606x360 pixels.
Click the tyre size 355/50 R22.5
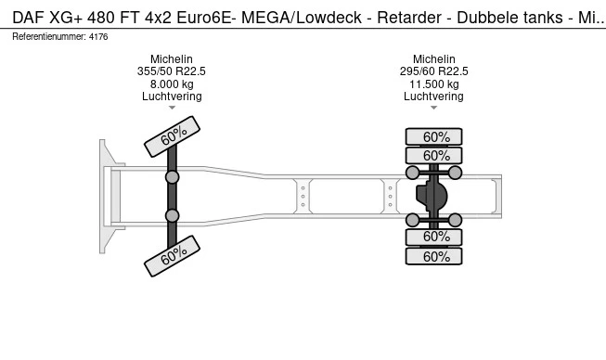(172, 71)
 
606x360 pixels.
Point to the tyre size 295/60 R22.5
(433, 71)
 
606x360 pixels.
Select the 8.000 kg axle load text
(172, 84)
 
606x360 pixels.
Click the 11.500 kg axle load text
(433, 84)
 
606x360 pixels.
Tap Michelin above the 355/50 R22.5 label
(172, 58)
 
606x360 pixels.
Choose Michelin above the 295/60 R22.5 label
(433, 58)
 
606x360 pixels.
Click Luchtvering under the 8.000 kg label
(172, 96)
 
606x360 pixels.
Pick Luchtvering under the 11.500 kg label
(433, 96)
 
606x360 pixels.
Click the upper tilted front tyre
(173, 135)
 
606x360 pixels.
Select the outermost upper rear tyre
(433, 136)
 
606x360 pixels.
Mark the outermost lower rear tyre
(433, 256)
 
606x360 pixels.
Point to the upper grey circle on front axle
(173, 176)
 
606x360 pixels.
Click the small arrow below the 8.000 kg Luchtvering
(172, 109)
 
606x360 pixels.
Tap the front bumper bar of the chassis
(104, 196)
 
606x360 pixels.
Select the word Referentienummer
(46, 36)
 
